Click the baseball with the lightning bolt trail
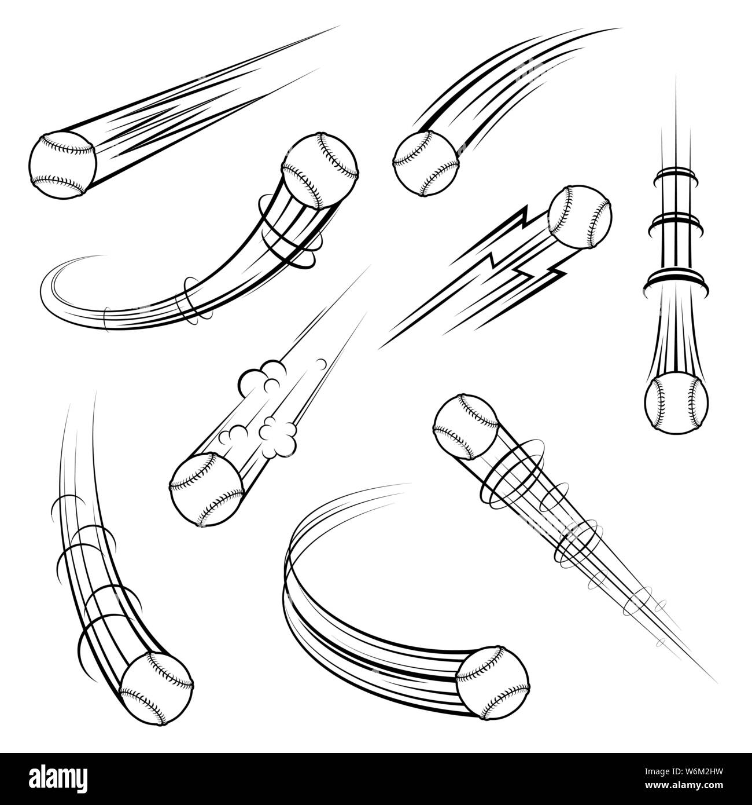tap(580, 218)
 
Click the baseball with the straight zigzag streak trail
tap(62, 163)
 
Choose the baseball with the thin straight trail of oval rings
tap(466, 426)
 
